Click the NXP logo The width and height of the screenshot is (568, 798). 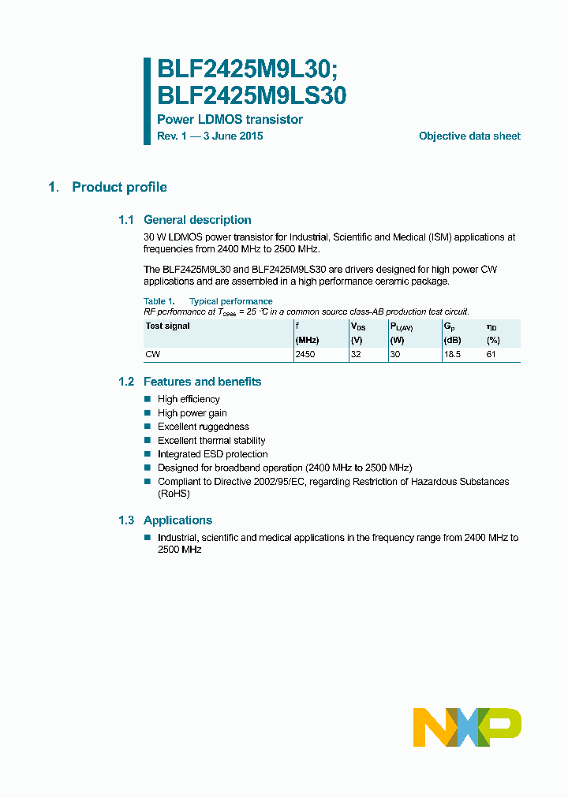click(x=467, y=727)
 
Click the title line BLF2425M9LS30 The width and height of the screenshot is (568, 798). click(x=252, y=95)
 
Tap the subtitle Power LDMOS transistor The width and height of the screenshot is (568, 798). click(x=230, y=120)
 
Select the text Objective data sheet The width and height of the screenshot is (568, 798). click(x=469, y=136)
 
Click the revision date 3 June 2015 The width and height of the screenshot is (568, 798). click(x=233, y=136)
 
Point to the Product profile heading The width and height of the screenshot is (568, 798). click(x=119, y=187)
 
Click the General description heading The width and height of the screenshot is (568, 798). click(x=197, y=220)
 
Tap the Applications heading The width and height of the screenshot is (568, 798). click(x=177, y=520)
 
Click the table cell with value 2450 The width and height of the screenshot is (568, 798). click(x=305, y=355)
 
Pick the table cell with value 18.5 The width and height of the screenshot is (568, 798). click(x=453, y=355)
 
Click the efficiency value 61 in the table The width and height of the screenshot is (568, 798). click(x=492, y=355)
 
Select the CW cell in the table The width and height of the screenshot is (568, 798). click(x=152, y=355)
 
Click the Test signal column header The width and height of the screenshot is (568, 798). click(x=167, y=326)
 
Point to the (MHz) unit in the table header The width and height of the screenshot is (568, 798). click(x=306, y=340)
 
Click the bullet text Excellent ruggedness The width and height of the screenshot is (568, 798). click(x=203, y=427)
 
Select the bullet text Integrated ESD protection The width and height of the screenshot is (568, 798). click(x=212, y=454)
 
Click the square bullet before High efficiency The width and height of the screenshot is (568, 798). click(x=147, y=399)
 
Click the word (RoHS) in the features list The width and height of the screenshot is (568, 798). click(x=174, y=494)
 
